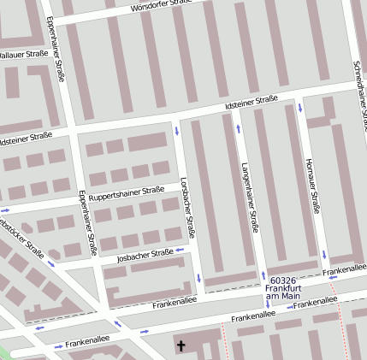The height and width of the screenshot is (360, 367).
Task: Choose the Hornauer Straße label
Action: click(x=312, y=184)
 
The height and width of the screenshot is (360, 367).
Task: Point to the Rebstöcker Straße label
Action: click(x=21, y=237)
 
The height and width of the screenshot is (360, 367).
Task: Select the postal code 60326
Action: click(x=282, y=280)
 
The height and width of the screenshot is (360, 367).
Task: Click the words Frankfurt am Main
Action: click(x=283, y=292)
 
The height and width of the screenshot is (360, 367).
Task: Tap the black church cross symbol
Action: click(x=181, y=346)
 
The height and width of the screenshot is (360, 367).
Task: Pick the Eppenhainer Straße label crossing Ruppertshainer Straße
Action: click(x=87, y=222)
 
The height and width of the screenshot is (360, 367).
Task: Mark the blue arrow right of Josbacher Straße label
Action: click(x=181, y=251)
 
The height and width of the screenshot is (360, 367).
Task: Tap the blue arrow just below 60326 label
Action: click(x=267, y=304)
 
